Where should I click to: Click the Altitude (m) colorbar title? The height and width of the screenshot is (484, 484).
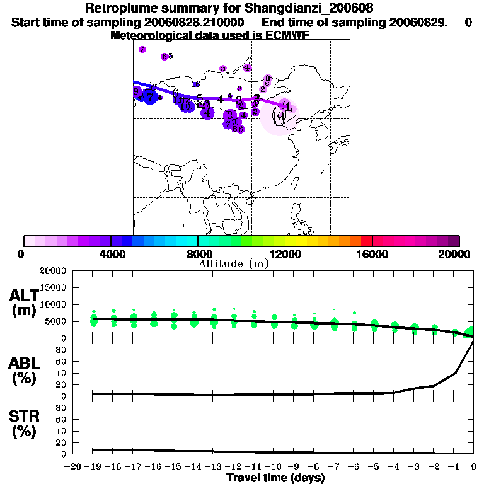click(233, 263)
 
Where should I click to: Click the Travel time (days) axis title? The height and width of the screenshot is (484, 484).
click(275, 478)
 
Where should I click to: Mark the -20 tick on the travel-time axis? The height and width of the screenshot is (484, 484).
click(74, 467)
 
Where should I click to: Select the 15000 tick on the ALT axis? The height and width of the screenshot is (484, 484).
click(52, 287)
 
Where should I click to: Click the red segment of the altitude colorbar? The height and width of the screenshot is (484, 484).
click(366, 241)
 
